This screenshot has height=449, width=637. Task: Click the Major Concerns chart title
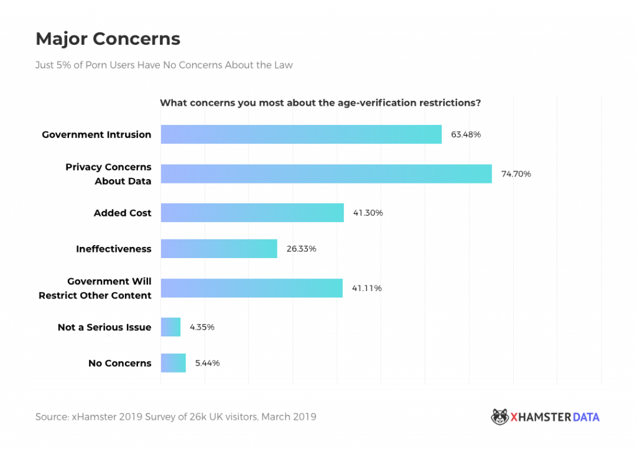108,39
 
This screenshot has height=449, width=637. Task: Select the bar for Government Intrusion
301,134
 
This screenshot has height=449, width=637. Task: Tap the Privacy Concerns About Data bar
326,174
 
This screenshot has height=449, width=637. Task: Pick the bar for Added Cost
252,213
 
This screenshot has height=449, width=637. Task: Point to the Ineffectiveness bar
219,249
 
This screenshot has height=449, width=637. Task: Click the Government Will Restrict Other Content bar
251,288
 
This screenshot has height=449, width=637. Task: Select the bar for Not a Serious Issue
170,327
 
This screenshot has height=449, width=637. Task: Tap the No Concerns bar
173,363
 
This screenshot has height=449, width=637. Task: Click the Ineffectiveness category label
114,249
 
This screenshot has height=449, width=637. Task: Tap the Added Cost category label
123,213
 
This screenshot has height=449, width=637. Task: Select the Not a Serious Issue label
105,327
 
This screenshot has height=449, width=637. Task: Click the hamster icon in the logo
500,417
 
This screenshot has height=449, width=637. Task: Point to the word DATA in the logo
586,417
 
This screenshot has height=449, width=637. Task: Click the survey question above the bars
320,103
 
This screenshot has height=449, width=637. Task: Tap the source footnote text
175,417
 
